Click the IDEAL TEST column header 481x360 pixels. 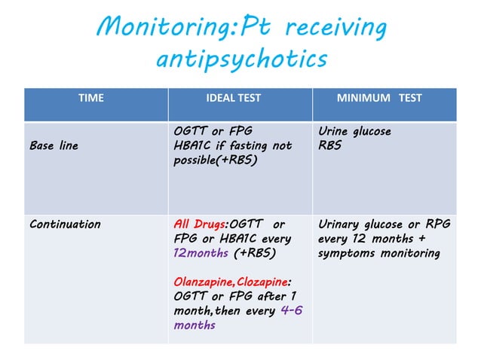[240, 98]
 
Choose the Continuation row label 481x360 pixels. [65, 224]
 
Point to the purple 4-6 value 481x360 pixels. [291, 310]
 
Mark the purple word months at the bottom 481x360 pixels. [195, 325]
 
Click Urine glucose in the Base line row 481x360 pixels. [354, 131]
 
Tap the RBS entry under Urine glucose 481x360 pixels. [329, 145]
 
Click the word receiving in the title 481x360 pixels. [332, 29]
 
